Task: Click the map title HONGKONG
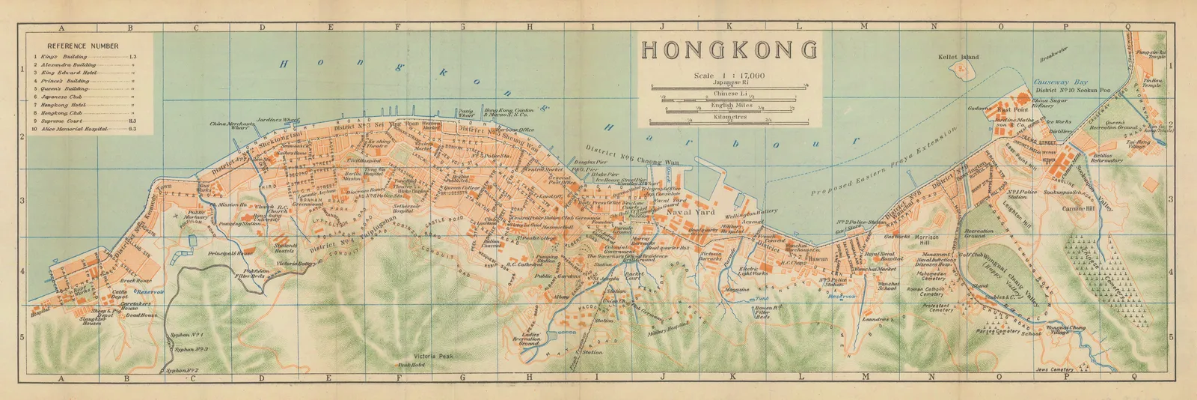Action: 729,50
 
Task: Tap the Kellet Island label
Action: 958,57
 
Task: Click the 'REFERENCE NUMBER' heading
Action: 82,46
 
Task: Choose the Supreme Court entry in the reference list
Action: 58,121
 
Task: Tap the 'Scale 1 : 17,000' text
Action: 729,76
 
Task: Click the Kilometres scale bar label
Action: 729,117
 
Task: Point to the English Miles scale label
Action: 729,106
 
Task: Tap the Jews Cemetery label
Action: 1054,369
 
